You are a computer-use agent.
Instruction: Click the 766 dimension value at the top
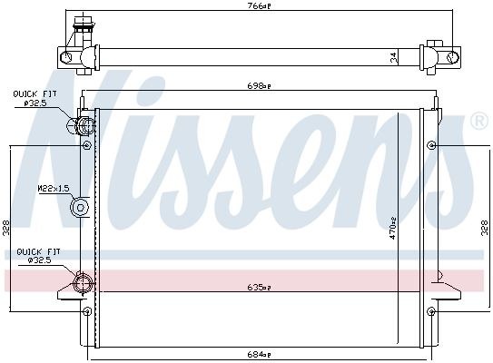(x=259, y=6)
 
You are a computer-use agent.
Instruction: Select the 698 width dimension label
(x=259, y=86)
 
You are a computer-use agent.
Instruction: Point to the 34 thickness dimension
(x=394, y=57)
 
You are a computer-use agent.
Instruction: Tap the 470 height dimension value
(x=393, y=229)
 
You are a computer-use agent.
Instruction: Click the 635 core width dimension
(x=259, y=287)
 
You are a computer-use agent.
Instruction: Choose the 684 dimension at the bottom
(x=259, y=354)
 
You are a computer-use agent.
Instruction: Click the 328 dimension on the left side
(x=6, y=228)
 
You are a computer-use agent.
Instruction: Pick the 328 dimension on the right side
(x=485, y=228)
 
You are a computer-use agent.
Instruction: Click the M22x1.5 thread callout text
(x=54, y=189)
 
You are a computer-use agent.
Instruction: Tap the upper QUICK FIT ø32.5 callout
(x=35, y=98)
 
